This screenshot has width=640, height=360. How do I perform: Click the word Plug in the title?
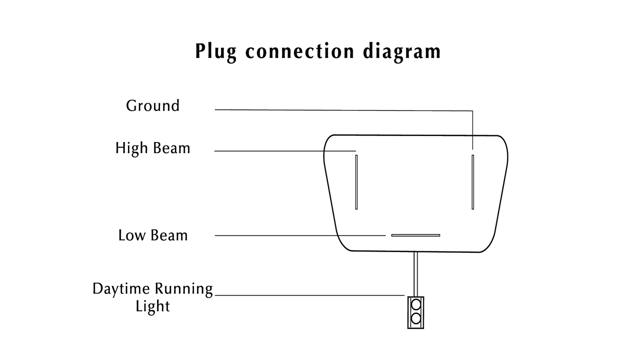pos(215,52)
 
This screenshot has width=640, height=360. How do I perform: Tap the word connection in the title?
pos(300,52)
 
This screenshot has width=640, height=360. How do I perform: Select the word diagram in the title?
pos(401,52)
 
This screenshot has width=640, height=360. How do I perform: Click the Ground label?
pos(153,106)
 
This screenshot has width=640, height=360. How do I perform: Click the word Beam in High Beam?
pos(172,148)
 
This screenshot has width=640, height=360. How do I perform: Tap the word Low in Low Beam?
pos(131,235)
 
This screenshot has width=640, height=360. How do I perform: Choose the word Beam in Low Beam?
pos(169,235)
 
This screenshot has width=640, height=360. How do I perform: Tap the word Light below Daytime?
pos(153,306)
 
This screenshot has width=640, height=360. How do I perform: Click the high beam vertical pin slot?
pos(356,182)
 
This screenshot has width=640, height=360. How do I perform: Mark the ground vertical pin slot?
pos(473,182)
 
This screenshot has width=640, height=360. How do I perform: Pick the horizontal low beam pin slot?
pos(416,235)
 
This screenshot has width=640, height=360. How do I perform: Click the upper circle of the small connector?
pos(416,305)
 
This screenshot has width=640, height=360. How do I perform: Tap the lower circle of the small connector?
pos(416,318)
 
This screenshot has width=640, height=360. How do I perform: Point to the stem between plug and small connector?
pos(416,273)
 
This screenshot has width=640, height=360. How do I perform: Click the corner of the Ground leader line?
pos(472,111)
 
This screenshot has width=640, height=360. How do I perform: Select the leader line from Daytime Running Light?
pos(309,295)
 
